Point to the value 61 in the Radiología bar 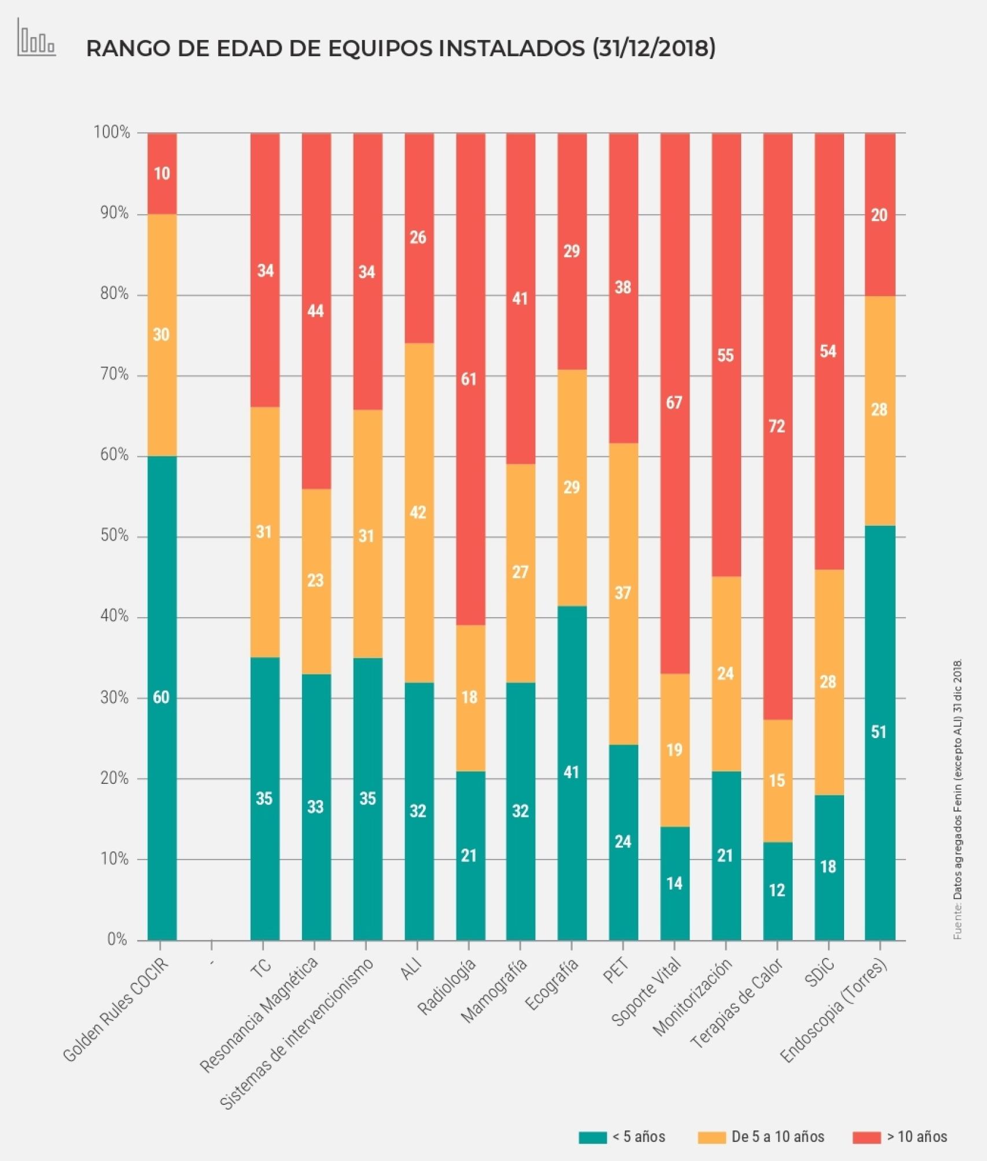[x=469, y=379]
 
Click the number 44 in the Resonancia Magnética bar [x=315, y=311]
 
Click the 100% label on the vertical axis [x=112, y=132]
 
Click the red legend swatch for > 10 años [x=866, y=1138]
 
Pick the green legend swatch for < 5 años [x=592, y=1138]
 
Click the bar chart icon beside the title [x=36, y=39]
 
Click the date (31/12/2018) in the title [x=654, y=49]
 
